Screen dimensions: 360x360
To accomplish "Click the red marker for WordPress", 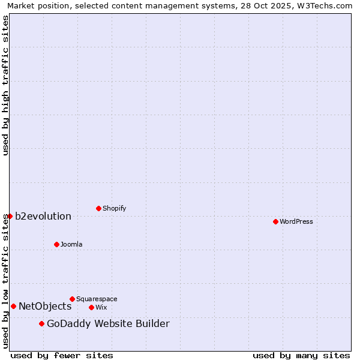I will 275,221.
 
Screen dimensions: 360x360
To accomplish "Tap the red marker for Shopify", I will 98,208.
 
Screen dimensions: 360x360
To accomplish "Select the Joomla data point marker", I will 56,244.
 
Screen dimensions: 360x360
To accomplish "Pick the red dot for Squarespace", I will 72,299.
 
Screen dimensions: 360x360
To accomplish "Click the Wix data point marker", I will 91,307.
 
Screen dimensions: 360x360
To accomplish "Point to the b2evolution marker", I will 10,216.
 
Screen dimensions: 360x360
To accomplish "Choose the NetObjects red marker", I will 13,306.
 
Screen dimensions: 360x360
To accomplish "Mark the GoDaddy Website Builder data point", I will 41,323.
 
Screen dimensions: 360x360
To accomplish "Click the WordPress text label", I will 296,221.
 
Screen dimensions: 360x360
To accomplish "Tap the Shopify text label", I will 114,208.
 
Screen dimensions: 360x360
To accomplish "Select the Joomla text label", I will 71,244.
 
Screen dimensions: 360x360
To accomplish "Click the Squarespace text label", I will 97,299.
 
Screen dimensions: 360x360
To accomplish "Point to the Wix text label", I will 101,307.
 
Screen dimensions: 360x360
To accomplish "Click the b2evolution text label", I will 43,216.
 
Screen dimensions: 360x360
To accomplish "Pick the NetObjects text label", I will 45,306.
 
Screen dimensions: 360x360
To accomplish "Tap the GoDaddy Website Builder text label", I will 108,324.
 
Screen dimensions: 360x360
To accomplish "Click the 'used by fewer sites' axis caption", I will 62,355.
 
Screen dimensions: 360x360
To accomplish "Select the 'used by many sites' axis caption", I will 301,355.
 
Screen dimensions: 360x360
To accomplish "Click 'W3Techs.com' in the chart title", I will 326,5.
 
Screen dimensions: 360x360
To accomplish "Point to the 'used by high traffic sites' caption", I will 5,85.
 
